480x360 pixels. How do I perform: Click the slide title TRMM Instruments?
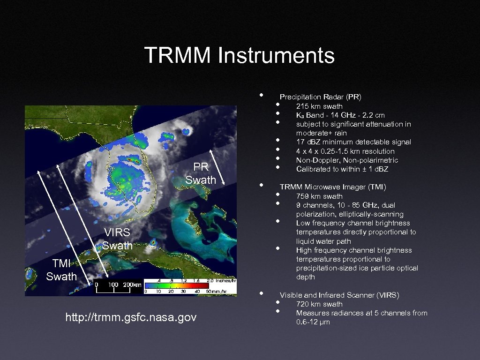239,55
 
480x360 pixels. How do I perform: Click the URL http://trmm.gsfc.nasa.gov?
131,317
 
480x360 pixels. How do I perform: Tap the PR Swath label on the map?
201,173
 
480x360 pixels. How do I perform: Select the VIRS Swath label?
117,239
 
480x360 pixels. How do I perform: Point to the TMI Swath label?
61,270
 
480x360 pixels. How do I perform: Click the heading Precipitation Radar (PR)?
320,97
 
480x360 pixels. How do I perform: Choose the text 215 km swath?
319,106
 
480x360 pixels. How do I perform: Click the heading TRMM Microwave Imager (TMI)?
333,187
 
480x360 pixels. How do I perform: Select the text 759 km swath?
319,196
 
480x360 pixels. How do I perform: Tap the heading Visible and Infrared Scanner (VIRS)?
339,295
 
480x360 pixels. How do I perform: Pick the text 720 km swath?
319,304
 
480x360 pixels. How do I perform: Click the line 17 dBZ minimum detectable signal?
353,142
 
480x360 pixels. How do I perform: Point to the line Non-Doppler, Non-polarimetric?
347,160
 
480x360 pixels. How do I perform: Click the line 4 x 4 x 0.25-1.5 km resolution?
345,151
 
